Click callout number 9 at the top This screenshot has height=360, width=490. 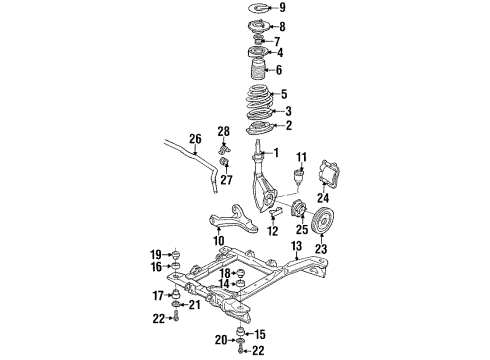click(x=281, y=9)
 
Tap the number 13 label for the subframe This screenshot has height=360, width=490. click(x=296, y=246)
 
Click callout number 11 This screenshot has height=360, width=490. click(x=301, y=157)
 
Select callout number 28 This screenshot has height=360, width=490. click(x=224, y=132)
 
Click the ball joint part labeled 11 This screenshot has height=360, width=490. click(x=300, y=179)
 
